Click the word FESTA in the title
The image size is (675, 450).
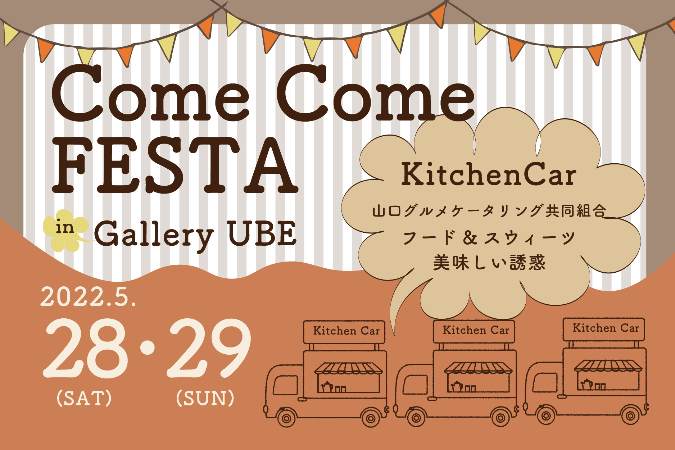tap(175, 165)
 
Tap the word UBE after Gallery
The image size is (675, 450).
tap(262, 233)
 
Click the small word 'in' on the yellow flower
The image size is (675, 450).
tap(65, 228)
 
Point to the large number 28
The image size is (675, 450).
tap(86, 348)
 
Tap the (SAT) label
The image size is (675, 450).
tap(84, 398)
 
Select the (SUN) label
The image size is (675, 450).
tap(205, 398)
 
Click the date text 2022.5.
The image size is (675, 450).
tap(89, 297)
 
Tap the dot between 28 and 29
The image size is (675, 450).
tap(148, 347)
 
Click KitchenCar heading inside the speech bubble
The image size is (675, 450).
tap(489, 174)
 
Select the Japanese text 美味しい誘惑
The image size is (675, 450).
tap(489, 262)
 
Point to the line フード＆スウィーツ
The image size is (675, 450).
tap(489, 238)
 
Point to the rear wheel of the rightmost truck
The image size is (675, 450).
tap(630, 416)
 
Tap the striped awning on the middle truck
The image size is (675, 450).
tap(478, 368)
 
